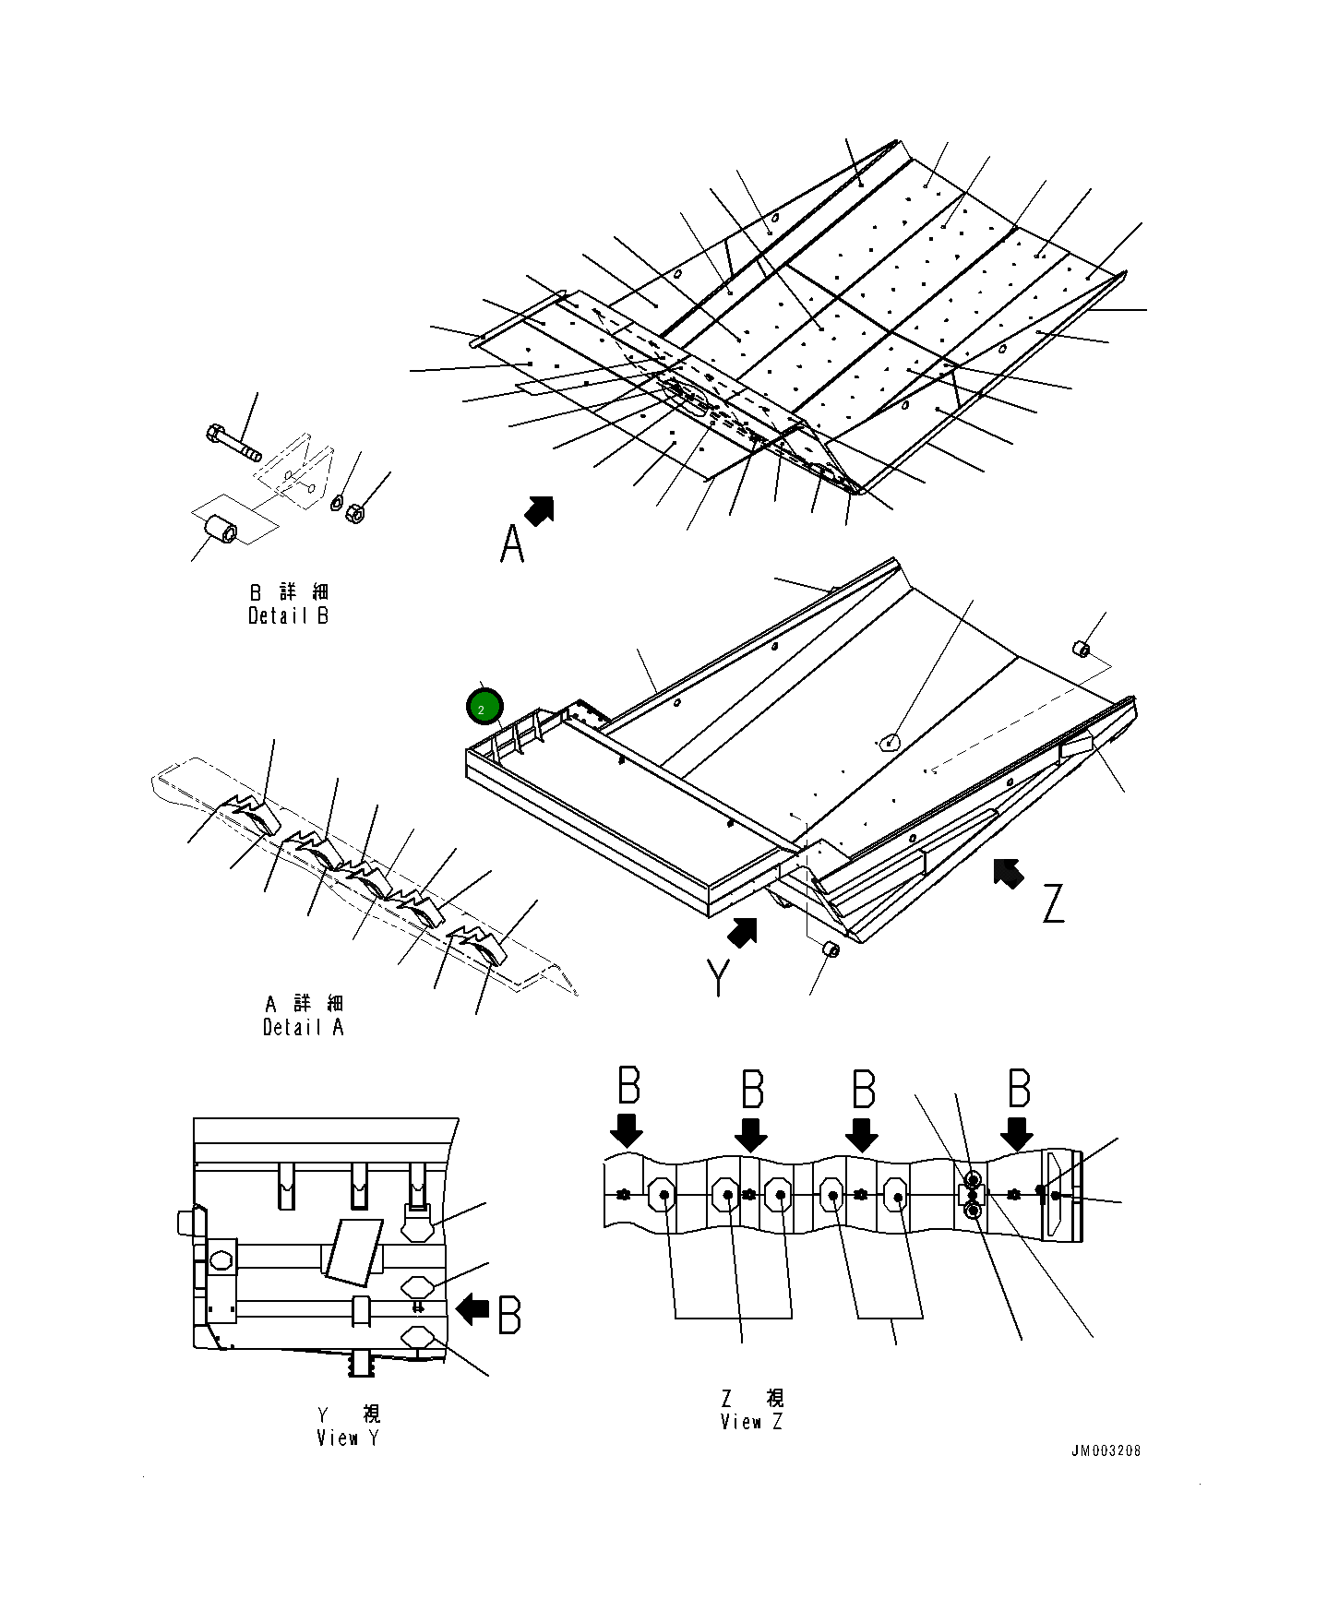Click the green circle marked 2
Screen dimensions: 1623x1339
coord(484,709)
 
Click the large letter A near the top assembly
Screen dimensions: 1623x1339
coord(512,543)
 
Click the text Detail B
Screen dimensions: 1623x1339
coord(288,615)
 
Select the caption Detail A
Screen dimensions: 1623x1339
coord(303,1027)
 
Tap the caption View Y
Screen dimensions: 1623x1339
coord(347,1438)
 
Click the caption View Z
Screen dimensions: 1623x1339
coord(751,1422)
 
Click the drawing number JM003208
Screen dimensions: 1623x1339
coord(1105,1450)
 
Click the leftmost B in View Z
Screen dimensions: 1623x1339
coord(628,1086)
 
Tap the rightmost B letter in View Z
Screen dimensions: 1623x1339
coord(1018,1089)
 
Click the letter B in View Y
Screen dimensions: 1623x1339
coord(508,1315)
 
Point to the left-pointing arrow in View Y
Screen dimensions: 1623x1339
coord(473,1307)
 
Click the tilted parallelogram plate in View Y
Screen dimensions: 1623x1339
coord(353,1251)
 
